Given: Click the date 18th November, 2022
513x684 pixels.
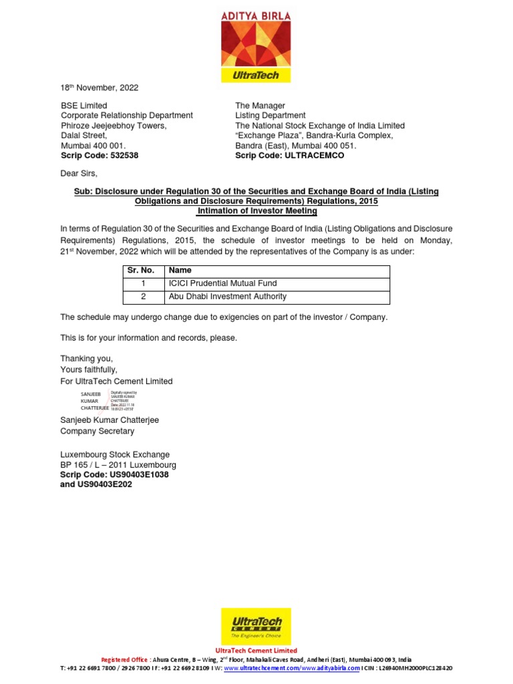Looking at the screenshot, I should coord(100,88).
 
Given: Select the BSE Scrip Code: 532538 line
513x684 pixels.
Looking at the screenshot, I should coord(100,156).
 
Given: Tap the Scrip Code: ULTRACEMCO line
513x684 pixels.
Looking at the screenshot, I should coord(289,156).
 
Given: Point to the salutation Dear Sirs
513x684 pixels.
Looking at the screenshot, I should coord(79,174).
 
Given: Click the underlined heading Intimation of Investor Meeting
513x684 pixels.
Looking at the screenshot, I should coord(256,211).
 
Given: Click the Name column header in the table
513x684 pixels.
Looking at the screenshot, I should coord(180,271).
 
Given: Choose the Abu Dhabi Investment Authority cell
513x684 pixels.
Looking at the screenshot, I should coord(228,297).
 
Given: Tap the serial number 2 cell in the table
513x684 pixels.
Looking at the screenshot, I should coord(142,297).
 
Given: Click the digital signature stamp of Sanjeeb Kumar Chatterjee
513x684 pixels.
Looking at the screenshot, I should coord(109,401).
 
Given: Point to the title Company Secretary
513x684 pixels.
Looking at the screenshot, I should coord(98,432).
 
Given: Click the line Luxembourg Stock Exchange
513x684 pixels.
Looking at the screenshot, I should coord(115,454).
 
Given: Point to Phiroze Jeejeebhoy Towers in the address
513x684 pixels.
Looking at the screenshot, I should coord(114,126).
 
